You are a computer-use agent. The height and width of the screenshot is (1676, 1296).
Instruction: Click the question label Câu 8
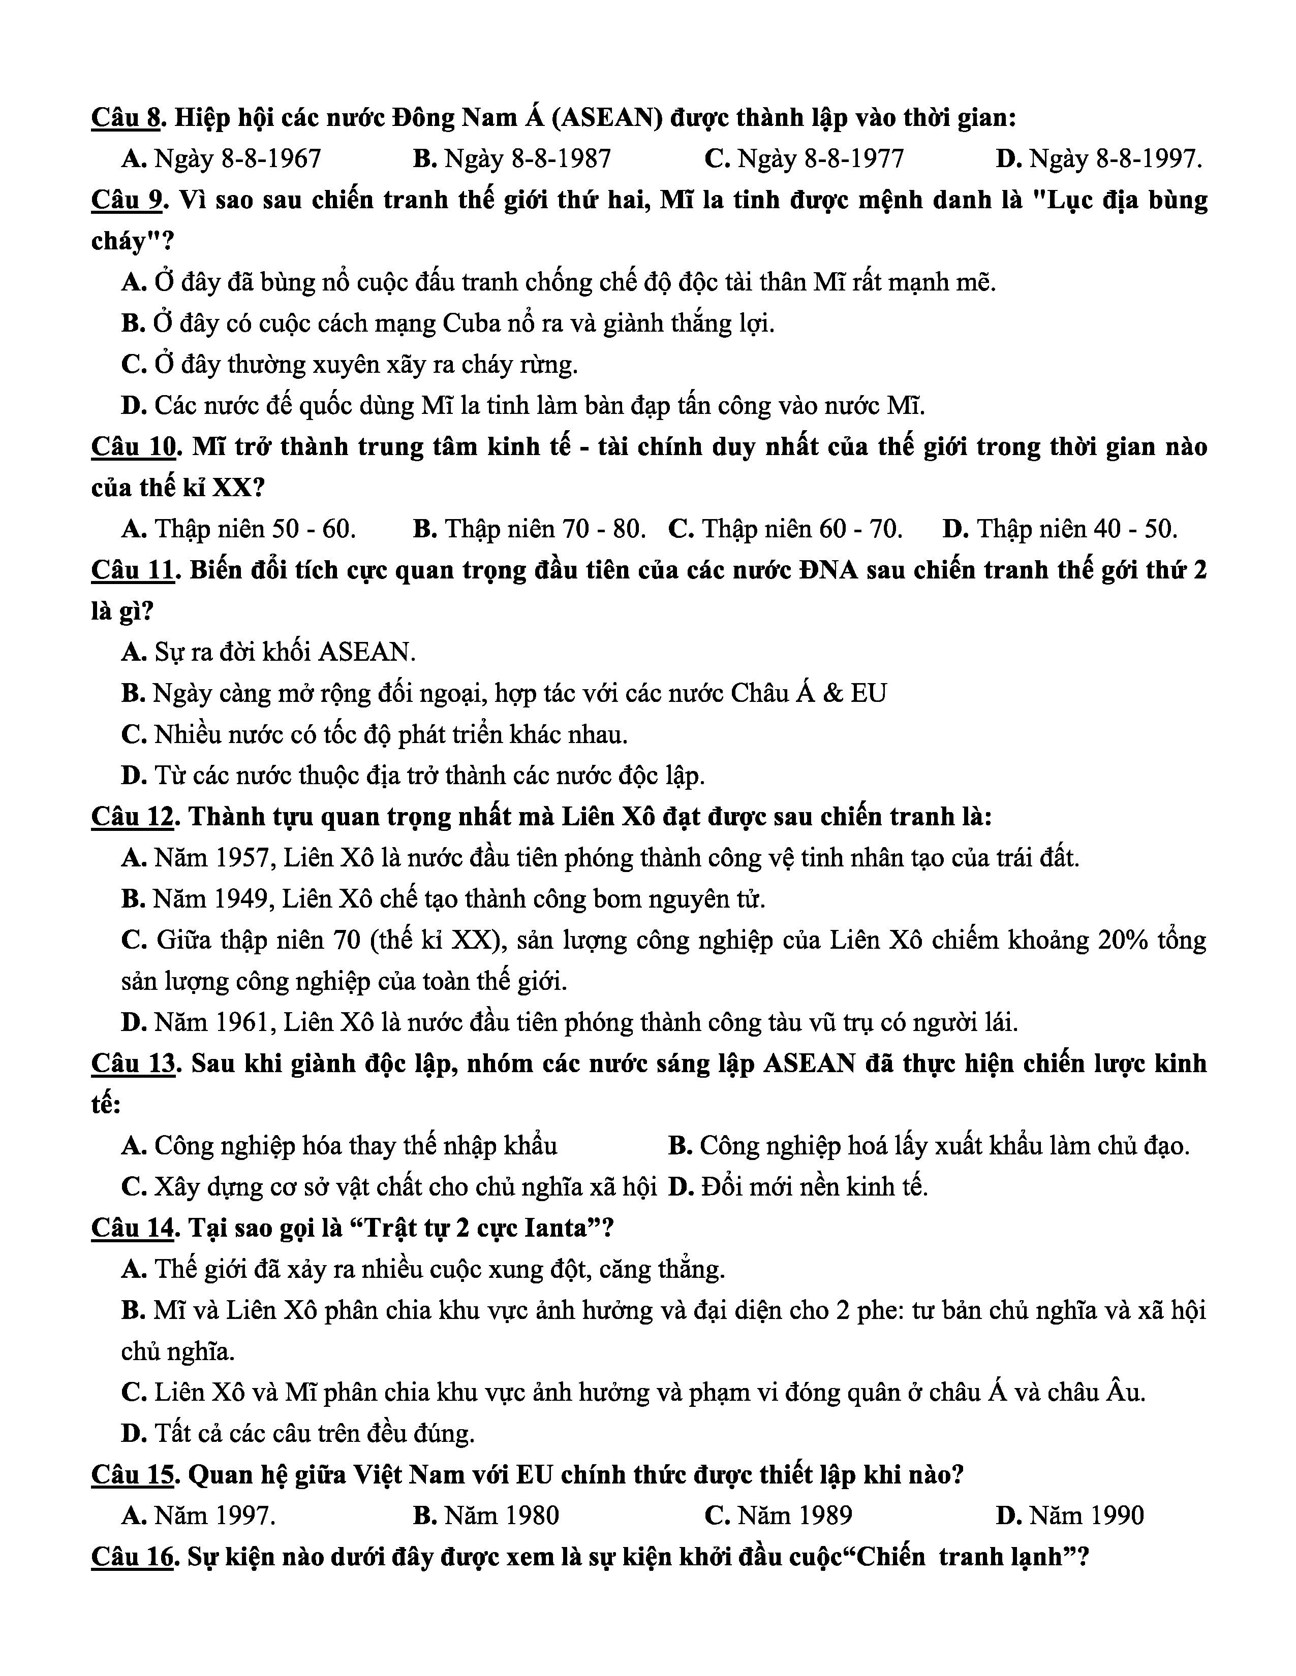127,117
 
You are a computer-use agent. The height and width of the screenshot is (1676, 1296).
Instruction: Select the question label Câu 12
133,817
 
